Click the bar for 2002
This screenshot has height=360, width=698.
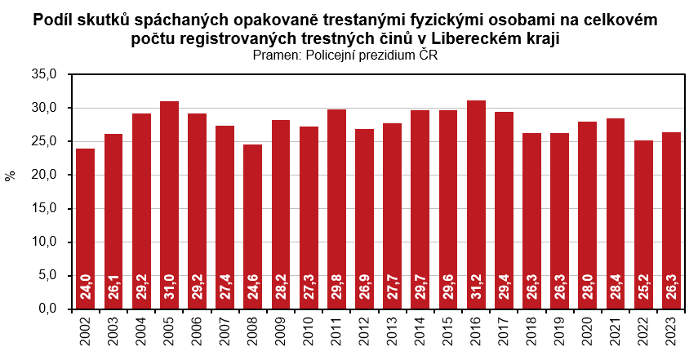(86, 229)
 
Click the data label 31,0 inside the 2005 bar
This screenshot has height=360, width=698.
(170, 291)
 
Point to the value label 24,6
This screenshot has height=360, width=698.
(253, 291)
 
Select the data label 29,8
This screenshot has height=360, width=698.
(337, 291)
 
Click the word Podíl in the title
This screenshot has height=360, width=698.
(53, 20)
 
